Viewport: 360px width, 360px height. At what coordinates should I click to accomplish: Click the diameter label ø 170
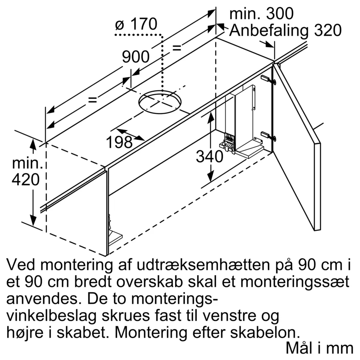[136, 24]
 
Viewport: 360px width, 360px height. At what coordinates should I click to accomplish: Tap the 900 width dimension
[136, 57]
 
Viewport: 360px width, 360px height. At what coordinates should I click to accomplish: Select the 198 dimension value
[119, 142]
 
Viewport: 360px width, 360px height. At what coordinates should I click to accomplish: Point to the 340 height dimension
[209, 157]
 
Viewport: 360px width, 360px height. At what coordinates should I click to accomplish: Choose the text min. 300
[262, 14]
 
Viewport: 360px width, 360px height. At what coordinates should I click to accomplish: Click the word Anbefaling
[269, 30]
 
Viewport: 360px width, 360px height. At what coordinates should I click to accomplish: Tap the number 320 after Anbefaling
[328, 30]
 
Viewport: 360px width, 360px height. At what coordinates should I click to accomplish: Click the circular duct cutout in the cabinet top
[160, 102]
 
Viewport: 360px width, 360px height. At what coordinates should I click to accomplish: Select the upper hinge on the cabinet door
[268, 80]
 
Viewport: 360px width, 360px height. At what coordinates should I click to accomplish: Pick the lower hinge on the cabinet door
[268, 136]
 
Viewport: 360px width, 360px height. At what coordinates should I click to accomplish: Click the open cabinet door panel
[296, 147]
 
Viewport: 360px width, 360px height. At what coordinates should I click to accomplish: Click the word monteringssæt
[295, 282]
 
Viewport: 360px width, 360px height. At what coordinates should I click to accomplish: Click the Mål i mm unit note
[319, 348]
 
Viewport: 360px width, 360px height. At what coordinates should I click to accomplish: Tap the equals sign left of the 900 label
[92, 100]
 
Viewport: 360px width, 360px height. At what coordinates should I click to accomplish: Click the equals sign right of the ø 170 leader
[177, 48]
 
